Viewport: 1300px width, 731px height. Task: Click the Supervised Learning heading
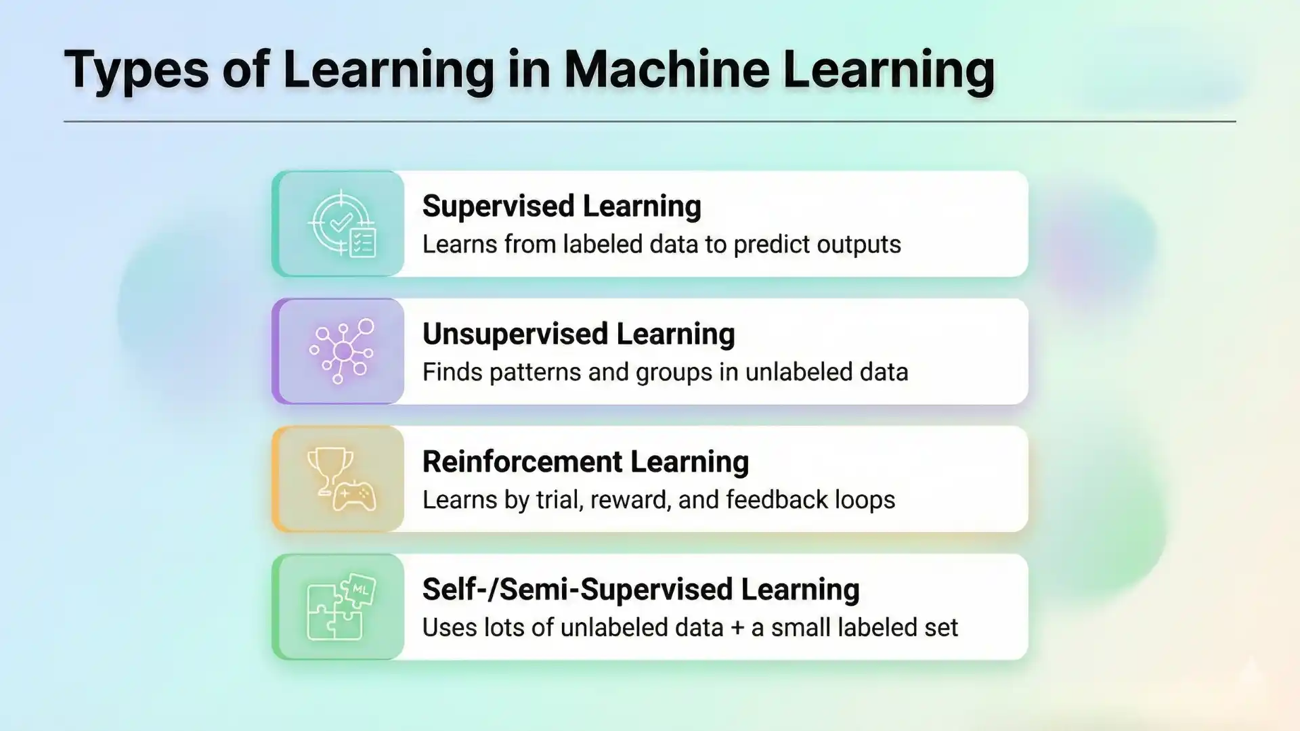coord(561,206)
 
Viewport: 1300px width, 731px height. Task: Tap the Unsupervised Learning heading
coord(578,334)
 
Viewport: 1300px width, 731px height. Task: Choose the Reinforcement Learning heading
coord(585,462)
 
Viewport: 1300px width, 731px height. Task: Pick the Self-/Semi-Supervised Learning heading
coord(641,590)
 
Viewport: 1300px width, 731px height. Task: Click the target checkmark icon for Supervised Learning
coord(340,220)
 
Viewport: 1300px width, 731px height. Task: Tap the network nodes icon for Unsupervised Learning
coord(342,351)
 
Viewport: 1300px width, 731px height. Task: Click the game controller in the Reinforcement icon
coord(355,496)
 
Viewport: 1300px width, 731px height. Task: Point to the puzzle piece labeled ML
coord(359,589)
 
